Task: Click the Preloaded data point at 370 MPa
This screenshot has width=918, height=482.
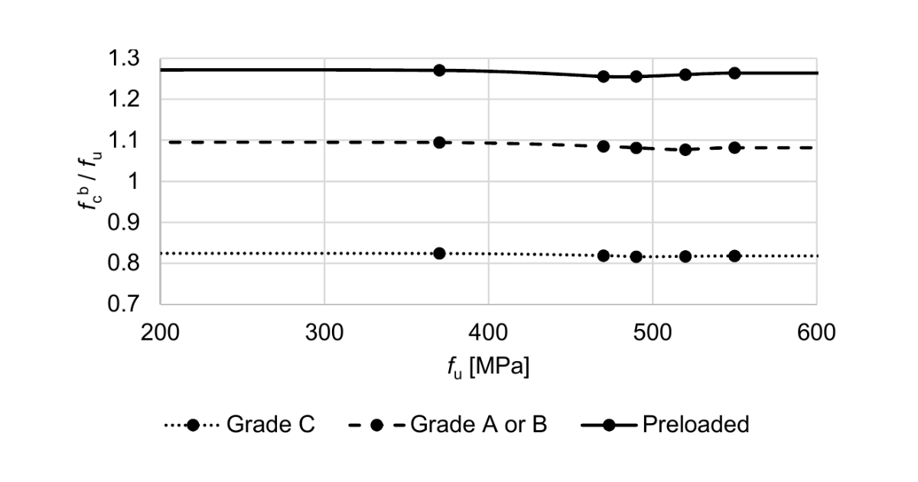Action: point(439,70)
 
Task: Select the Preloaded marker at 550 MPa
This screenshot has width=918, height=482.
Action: point(734,73)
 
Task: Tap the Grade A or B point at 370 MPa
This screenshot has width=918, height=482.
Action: point(439,142)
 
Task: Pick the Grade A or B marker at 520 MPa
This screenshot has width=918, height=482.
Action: point(685,150)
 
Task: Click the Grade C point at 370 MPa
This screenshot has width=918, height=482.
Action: point(439,253)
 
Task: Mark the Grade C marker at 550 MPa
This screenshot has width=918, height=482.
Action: point(734,256)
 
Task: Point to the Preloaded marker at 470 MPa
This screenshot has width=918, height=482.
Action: point(604,77)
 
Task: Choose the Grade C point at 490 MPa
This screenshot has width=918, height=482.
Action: point(636,257)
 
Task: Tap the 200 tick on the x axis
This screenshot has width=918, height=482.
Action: point(161,333)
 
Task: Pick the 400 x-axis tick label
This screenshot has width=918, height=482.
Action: point(489,333)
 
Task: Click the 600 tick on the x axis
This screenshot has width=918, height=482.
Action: point(816,333)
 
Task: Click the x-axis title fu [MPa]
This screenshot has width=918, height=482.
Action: point(489,367)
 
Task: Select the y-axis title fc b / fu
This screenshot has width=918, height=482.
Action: point(93,181)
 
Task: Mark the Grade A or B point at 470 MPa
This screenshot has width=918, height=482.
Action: point(604,146)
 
